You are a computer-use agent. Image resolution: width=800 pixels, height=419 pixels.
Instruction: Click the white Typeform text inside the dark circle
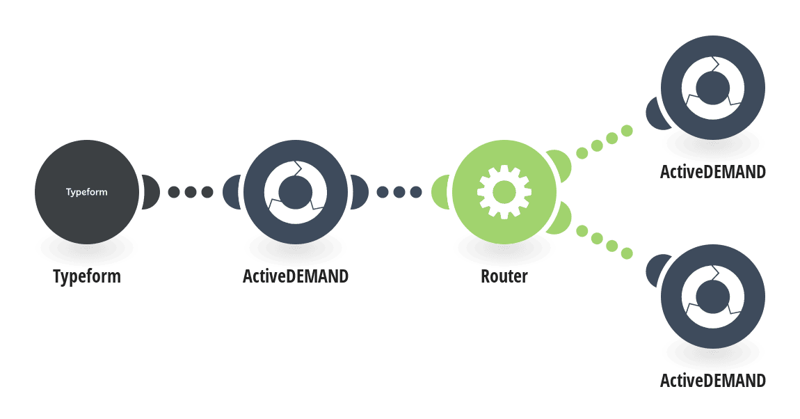[87, 192]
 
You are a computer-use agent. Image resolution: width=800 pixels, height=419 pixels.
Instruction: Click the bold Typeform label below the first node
[87, 276]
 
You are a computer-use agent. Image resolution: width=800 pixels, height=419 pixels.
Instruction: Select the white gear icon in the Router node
[504, 192]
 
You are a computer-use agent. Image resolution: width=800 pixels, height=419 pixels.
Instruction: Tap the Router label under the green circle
[504, 276]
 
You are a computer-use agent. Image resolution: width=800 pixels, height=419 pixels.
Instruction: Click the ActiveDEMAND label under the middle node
[296, 276]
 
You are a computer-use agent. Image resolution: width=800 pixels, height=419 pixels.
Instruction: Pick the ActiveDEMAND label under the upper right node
[713, 172]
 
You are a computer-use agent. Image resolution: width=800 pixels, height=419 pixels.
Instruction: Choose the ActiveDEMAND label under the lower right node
[713, 381]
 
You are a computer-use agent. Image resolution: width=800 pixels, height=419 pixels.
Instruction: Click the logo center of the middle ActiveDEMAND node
[296, 192]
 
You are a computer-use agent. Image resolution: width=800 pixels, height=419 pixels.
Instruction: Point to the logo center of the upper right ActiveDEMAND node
[713, 88]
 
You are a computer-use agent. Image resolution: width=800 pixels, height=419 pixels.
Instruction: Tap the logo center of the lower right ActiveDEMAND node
[713, 297]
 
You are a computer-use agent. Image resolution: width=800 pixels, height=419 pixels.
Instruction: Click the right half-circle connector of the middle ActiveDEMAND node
[360, 192]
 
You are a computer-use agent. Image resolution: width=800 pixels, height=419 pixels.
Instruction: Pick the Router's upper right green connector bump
[560, 164]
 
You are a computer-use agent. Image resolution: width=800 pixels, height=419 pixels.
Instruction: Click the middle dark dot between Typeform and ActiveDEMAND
[191, 192]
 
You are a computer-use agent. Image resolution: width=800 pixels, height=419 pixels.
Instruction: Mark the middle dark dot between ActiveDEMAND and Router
[399, 192]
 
